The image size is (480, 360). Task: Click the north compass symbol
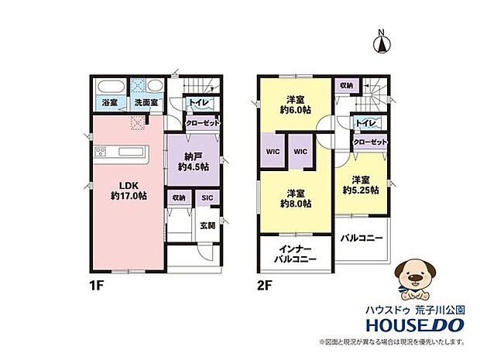click(x=382, y=42)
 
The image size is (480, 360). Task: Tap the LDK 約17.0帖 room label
click(x=129, y=190)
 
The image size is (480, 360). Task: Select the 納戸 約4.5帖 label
click(x=194, y=162)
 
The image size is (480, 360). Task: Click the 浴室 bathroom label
click(x=110, y=102)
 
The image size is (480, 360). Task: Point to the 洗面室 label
click(x=146, y=102)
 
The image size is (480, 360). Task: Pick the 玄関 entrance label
click(x=207, y=226)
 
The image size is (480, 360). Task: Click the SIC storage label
click(x=207, y=197)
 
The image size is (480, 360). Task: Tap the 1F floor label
click(x=97, y=286)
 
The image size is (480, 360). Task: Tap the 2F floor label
click(x=265, y=286)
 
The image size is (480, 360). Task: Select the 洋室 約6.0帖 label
click(x=296, y=105)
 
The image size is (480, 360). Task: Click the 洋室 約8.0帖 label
click(x=296, y=198)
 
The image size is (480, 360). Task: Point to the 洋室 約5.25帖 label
click(x=361, y=185)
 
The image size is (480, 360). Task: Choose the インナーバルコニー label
click(x=296, y=255)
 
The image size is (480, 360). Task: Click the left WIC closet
click(x=273, y=152)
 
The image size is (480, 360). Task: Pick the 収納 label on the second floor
click(x=346, y=86)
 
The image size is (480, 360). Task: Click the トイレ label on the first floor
click(x=199, y=102)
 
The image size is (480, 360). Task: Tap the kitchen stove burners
click(x=101, y=152)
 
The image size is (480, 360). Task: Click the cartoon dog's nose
click(x=416, y=277)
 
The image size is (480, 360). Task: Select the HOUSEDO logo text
click(x=415, y=325)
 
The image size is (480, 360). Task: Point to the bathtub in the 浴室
click(x=110, y=87)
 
